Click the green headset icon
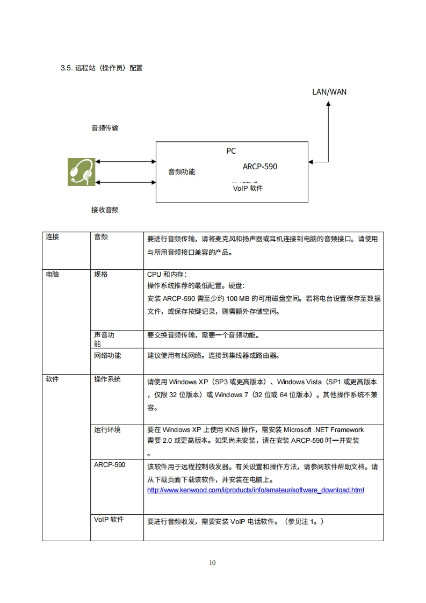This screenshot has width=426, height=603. click(81, 172)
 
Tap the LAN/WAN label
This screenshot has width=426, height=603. click(329, 91)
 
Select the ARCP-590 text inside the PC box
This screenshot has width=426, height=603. click(259, 167)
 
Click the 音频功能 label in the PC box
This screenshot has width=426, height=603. click(182, 172)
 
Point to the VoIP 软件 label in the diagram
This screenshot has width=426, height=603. click(248, 189)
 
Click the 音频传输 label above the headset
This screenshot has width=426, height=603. click(105, 128)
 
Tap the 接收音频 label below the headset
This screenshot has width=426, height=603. click(105, 210)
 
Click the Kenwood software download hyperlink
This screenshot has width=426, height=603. click(255, 490)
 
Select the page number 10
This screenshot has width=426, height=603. click(212, 563)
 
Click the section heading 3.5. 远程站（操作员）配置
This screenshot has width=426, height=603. click(102, 69)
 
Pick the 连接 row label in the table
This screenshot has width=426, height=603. click(52, 237)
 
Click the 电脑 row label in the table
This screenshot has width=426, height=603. click(52, 274)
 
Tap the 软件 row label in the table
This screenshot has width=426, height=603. click(52, 379)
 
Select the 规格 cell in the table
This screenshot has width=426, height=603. click(100, 274)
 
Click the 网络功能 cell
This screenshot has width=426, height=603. click(107, 355)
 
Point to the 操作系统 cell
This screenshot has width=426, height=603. click(107, 379)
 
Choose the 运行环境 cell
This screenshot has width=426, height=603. click(107, 429)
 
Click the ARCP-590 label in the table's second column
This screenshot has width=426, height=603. click(109, 464)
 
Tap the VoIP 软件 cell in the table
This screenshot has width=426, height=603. click(109, 520)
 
